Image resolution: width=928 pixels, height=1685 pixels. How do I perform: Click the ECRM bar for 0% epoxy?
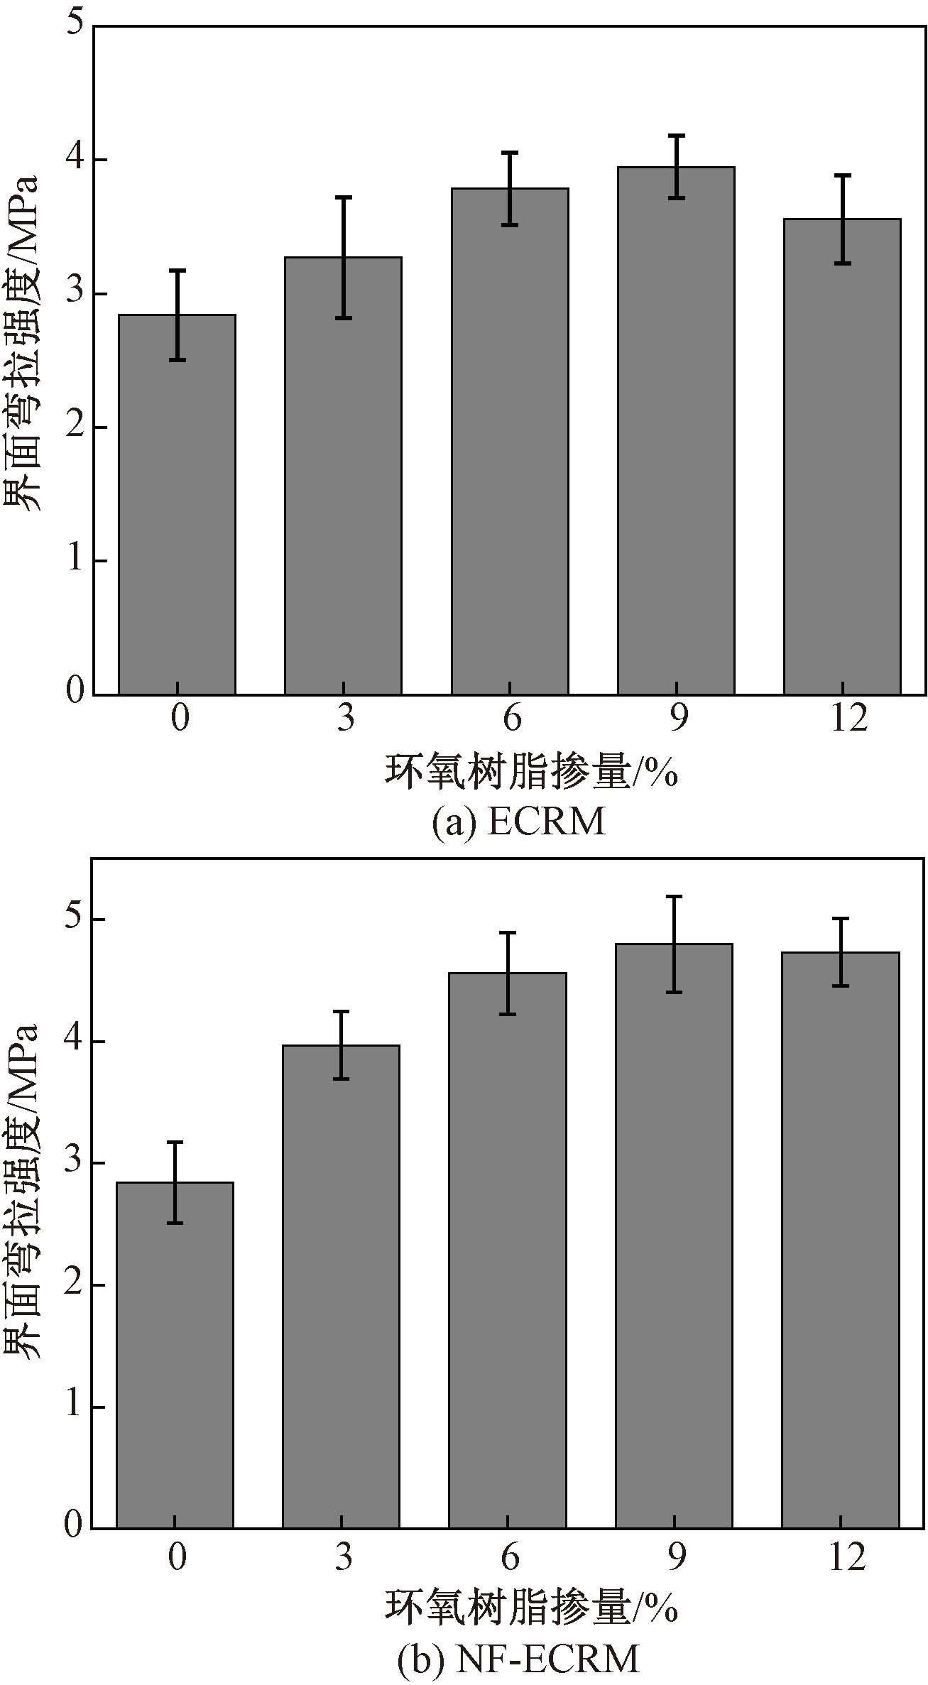(x=177, y=504)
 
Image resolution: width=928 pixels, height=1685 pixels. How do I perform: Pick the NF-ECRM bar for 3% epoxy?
(x=341, y=1285)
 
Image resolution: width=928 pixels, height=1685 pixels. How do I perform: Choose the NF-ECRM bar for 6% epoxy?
(x=508, y=1250)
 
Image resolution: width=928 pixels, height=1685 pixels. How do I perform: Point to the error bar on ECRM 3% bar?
(x=344, y=257)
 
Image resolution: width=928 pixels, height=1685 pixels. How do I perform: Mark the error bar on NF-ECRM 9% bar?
(x=674, y=944)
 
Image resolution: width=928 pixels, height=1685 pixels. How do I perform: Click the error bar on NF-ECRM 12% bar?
(x=841, y=951)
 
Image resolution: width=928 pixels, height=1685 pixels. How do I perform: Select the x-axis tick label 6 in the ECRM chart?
(x=511, y=719)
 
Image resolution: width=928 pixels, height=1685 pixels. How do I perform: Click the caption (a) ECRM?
(x=519, y=822)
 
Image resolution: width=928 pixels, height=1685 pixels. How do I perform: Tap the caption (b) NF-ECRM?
(x=518, y=1659)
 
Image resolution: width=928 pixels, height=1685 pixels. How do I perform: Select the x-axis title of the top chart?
(x=531, y=772)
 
